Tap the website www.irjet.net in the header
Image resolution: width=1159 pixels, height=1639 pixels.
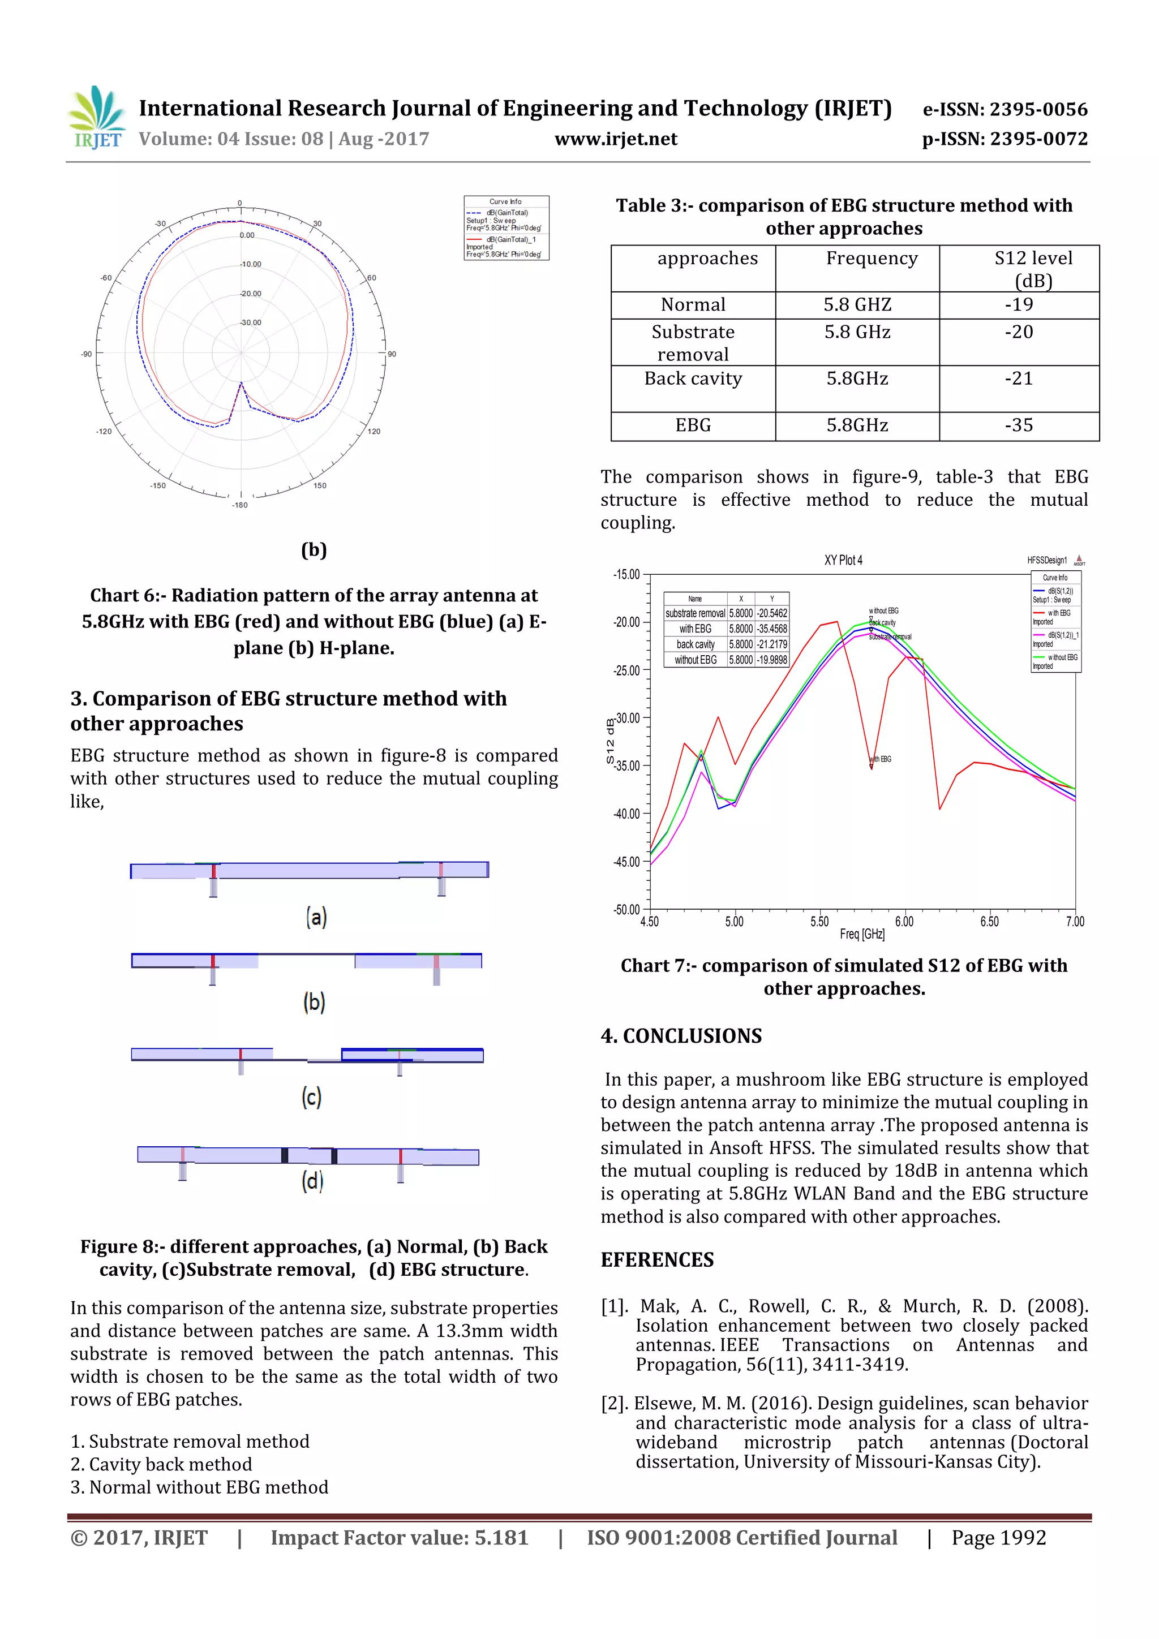(x=616, y=139)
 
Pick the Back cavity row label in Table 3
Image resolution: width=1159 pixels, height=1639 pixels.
(x=693, y=379)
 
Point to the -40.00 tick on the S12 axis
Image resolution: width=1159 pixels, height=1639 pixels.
(x=627, y=814)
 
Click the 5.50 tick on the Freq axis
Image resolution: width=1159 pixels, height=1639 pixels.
(x=819, y=922)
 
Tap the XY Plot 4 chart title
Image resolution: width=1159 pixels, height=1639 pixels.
(x=843, y=560)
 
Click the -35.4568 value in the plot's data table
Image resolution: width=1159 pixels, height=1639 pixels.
(x=772, y=629)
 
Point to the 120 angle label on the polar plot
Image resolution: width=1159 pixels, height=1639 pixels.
(x=374, y=431)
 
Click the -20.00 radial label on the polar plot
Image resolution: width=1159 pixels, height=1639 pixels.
(x=251, y=294)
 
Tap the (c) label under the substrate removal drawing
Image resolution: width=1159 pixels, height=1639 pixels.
(x=311, y=1096)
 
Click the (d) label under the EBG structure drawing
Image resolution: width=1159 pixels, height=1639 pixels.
(x=312, y=1181)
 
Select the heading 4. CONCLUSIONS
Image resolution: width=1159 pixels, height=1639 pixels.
(x=681, y=1036)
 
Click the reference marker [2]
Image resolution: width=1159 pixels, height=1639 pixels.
(x=614, y=1404)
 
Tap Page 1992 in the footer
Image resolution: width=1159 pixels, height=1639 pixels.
(x=998, y=1538)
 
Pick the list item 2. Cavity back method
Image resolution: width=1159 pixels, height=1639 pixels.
(x=161, y=1464)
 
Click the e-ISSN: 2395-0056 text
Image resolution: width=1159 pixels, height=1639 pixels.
(x=1005, y=109)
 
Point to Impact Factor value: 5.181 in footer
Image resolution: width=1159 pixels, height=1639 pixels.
(x=399, y=1538)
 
